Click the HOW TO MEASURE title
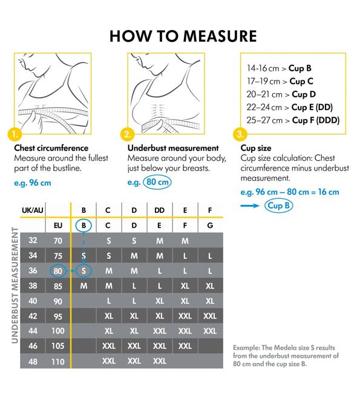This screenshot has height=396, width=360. (183, 36)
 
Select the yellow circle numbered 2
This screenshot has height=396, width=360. (127, 133)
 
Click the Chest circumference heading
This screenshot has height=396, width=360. (51, 148)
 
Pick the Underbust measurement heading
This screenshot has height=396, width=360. (173, 148)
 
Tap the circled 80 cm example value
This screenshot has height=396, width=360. (157, 181)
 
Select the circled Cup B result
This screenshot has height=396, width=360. (279, 206)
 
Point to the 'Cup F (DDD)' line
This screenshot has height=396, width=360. (293, 120)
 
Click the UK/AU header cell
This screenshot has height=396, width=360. (33, 211)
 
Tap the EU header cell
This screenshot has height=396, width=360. (58, 226)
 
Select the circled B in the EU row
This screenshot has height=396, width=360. (83, 226)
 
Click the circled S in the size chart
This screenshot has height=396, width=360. (83, 270)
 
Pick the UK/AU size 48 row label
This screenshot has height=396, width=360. (33, 361)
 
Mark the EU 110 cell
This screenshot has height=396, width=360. (58, 361)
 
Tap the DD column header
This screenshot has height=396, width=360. (159, 211)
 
